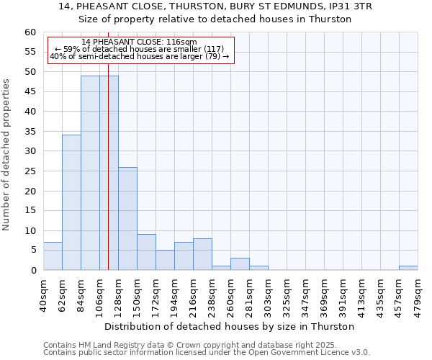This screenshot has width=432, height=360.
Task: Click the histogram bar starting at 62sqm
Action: coord(71,202)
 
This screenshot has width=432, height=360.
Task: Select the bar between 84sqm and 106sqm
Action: coord(90,173)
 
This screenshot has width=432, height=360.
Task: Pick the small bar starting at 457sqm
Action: coord(408,268)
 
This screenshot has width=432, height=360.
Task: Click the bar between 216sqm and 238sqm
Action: coord(202,254)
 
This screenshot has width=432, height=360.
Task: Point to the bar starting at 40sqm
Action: coord(53,256)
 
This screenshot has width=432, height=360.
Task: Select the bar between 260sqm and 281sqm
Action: coord(240,264)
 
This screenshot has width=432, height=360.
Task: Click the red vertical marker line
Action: coord(108,180)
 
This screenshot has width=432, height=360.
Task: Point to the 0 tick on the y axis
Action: coord(33,271)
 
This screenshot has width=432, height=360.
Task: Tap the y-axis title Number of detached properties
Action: coord(7,155)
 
